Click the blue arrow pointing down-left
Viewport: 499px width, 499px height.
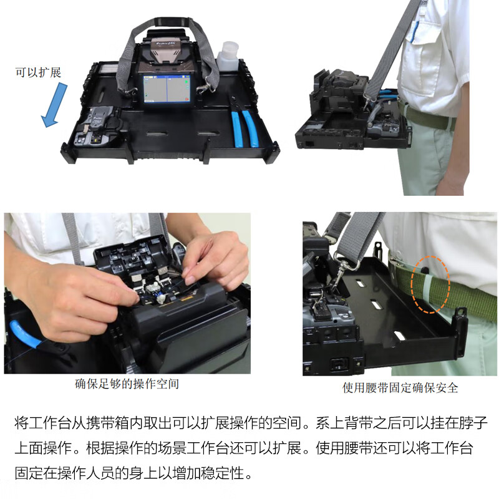54,105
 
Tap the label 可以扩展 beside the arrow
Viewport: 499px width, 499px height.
38,72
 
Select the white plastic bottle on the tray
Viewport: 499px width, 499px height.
228,57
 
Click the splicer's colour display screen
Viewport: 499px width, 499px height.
167,89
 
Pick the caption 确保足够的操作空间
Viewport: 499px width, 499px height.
127,384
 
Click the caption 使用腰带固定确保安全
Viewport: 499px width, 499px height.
400,387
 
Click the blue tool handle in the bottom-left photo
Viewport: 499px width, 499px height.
25,334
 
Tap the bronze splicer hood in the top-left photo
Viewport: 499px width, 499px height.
165,51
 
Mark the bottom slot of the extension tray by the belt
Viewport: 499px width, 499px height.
398,336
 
